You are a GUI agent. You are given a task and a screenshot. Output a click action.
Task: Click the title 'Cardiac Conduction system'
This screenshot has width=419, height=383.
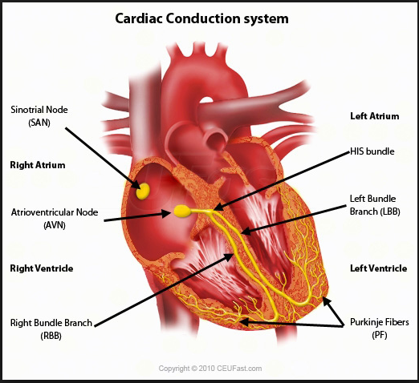201,18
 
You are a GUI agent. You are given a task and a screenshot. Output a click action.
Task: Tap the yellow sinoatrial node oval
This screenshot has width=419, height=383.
143,191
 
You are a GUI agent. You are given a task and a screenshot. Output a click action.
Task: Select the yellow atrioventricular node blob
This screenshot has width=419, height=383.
182,211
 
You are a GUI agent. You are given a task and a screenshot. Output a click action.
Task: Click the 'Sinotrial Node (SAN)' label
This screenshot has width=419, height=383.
39,116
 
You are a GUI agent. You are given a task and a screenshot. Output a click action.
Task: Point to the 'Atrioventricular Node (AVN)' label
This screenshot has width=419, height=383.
55,219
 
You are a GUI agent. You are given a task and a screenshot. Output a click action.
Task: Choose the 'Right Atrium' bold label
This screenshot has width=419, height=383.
38,165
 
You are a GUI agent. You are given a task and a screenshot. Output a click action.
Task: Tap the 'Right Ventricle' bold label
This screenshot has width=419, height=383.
42,268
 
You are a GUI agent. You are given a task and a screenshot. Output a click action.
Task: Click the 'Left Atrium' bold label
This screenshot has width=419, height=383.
375,116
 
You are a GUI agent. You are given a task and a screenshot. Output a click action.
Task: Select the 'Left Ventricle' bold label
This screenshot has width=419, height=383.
379,268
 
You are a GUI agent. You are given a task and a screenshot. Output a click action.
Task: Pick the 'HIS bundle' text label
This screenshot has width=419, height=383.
372,151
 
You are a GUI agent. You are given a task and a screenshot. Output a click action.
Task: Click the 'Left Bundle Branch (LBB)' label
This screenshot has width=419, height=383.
375,205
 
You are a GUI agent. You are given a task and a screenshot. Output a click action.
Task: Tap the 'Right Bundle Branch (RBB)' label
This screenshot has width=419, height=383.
51,329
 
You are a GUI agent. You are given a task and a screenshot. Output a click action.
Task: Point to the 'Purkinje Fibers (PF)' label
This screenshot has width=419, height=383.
380,329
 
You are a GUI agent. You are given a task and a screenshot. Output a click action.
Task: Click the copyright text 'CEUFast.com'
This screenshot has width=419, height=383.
239,369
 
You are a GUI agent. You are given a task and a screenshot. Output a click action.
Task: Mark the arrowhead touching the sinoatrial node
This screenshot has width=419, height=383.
136,184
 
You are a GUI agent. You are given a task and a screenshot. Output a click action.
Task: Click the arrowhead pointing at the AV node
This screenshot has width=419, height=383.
166,214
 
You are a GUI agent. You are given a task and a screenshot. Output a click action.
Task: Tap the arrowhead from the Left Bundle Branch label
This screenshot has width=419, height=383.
246,232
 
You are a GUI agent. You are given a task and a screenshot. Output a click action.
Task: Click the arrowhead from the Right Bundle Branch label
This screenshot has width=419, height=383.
229,257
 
